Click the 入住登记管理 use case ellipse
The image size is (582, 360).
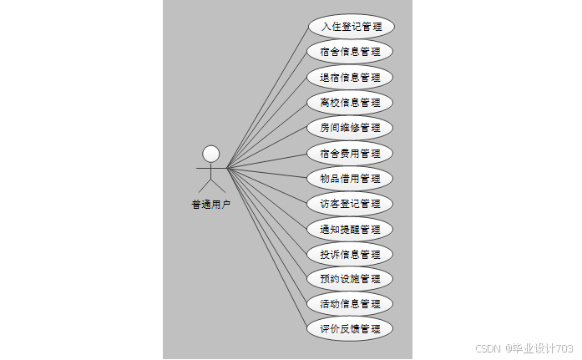pyautogui.click(x=350, y=26)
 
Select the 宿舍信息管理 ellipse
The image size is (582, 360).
pyautogui.click(x=350, y=52)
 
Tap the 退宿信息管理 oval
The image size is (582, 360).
pyautogui.click(x=350, y=78)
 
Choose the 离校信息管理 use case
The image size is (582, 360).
pyautogui.click(x=350, y=103)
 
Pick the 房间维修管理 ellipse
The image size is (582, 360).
pyautogui.click(x=350, y=128)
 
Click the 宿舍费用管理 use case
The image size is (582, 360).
pyautogui.click(x=350, y=153)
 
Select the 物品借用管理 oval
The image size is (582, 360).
pyautogui.click(x=350, y=178)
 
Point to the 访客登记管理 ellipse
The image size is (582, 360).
pyautogui.click(x=350, y=203)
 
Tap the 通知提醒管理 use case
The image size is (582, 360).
pyautogui.click(x=350, y=228)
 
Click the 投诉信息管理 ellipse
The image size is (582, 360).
pyautogui.click(x=350, y=253)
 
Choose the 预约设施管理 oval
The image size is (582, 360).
pyautogui.click(x=350, y=278)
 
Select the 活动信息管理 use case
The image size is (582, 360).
pyautogui.click(x=350, y=303)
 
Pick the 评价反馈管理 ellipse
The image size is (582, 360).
pyautogui.click(x=350, y=328)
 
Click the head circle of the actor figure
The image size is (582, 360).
pyautogui.click(x=211, y=154)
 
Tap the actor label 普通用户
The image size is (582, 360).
pyautogui.click(x=210, y=204)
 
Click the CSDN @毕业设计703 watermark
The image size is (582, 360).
pyautogui.click(x=524, y=347)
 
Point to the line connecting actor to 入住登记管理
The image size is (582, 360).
pyautogui.click(x=267, y=97)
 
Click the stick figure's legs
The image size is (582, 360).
pyautogui.click(x=211, y=185)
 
